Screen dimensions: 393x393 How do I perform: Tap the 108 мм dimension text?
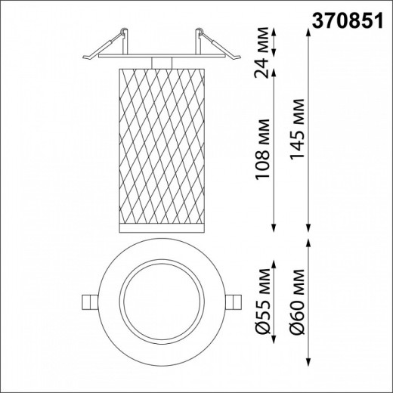(262, 149)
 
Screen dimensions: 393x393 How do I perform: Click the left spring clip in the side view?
(101, 45)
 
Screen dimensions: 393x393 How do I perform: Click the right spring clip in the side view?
(215, 45)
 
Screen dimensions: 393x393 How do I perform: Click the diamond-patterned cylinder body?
(158, 144)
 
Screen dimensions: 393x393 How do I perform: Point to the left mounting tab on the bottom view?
(90, 302)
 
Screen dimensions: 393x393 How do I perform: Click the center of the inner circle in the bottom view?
(158, 302)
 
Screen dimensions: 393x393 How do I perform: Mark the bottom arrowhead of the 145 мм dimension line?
(308, 229)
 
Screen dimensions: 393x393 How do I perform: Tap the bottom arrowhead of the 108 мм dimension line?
(273, 229)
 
